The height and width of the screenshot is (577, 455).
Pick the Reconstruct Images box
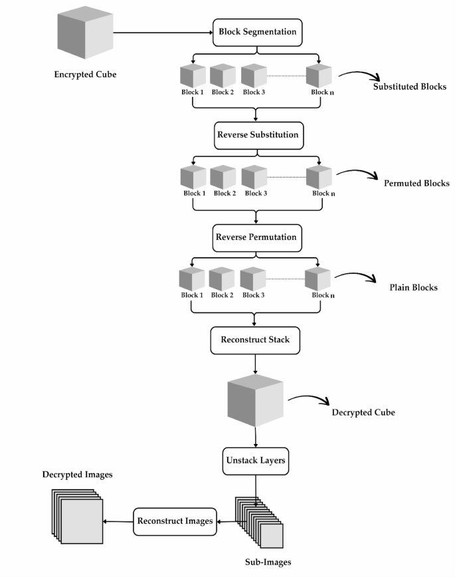[x=175, y=521]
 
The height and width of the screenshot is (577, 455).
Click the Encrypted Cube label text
[x=85, y=74]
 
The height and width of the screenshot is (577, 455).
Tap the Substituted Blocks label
[x=409, y=87]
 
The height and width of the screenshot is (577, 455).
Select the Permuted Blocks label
[x=416, y=183]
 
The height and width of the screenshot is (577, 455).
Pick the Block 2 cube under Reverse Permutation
[x=222, y=279]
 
